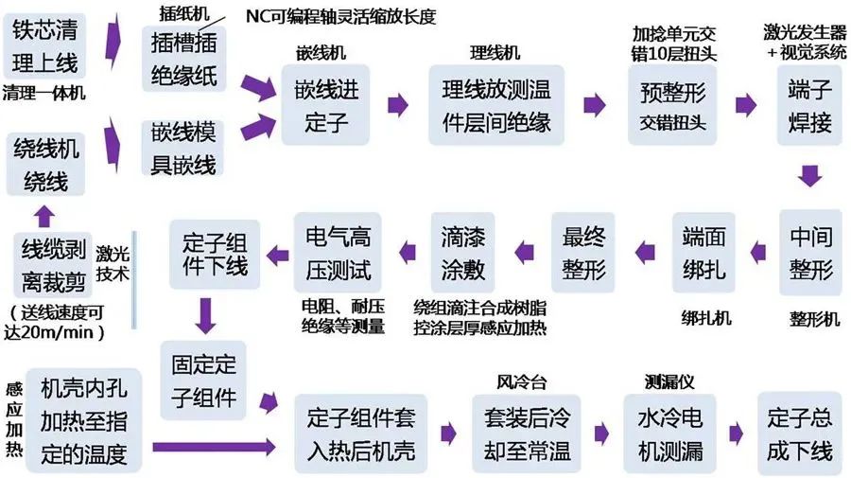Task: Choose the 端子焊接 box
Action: pos(808,105)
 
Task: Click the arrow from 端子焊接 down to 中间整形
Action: pos(809,176)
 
